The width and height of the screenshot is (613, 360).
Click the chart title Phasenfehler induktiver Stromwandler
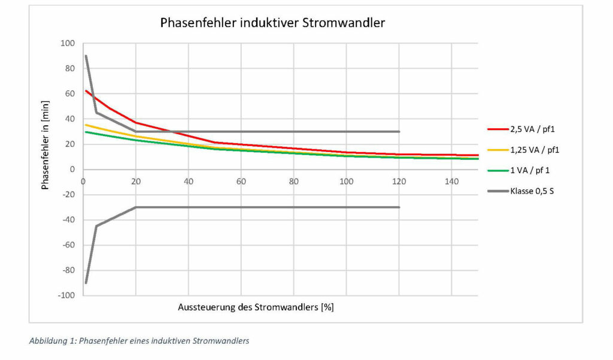click(272, 23)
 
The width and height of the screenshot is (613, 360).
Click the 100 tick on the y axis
click(67, 43)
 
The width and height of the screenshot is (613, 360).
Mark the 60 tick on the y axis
click(69, 93)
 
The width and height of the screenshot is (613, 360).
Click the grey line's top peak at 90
click(86, 56)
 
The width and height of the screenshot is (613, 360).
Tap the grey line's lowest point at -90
click(86, 283)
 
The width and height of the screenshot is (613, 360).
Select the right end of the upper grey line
click(399, 132)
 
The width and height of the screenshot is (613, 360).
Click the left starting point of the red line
click(86, 90)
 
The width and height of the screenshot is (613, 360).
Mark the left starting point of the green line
click(86, 132)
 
